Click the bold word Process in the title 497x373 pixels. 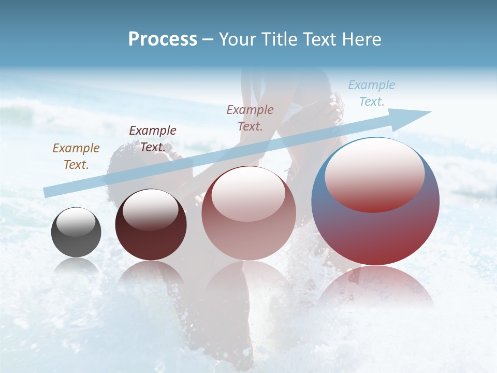pos(163,39)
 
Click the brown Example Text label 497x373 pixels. pos(76,156)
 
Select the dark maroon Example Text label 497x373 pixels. pos(152,139)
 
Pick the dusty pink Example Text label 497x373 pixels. pos(250,118)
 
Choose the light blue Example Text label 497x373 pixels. pos(371,93)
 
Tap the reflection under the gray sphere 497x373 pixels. pos(76,265)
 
